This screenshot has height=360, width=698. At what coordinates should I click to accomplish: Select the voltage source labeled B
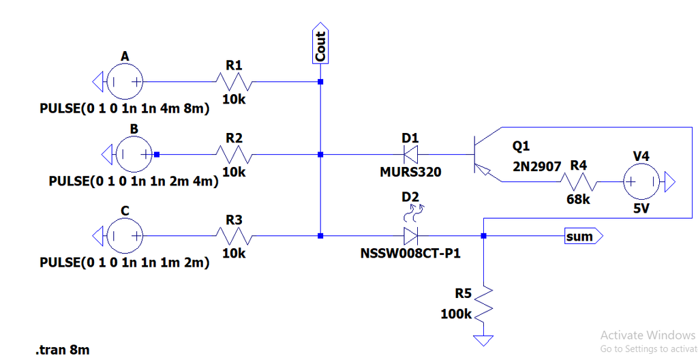[x=134, y=155]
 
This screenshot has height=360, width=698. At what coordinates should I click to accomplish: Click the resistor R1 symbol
[x=234, y=82]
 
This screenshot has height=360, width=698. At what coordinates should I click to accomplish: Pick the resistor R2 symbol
[x=234, y=155]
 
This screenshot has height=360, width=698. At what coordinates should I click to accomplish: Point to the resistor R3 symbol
[x=234, y=236]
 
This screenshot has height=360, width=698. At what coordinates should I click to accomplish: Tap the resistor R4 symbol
[x=579, y=182]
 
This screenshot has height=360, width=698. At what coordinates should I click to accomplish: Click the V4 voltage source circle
[x=641, y=182]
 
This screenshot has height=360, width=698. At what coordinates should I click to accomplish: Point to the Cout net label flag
[x=320, y=46]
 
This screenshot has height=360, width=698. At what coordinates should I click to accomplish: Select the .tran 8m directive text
[x=62, y=350]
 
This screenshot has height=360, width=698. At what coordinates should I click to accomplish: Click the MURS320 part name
[x=410, y=172]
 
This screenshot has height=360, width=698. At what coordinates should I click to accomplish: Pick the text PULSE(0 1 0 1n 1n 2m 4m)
[x=134, y=182]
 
